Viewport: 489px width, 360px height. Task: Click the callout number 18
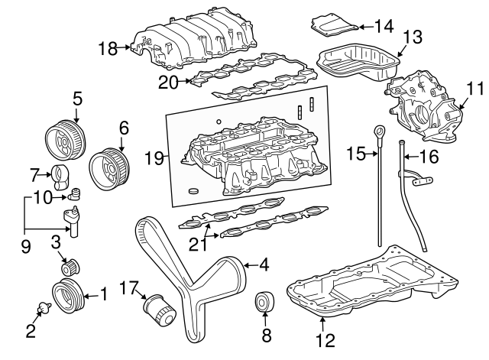(x=108, y=49)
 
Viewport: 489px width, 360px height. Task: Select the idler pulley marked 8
(x=264, y=302)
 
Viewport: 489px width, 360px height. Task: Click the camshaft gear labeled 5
(x=62, y=139)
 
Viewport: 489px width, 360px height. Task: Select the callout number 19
(x=155, y=158)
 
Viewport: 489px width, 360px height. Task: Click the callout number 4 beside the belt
(x=263, y=266)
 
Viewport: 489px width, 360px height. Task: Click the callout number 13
(x=412, y=36)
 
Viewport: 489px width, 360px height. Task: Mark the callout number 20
(x=167, y=82)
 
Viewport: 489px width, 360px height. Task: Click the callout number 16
(x=429, y=158)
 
